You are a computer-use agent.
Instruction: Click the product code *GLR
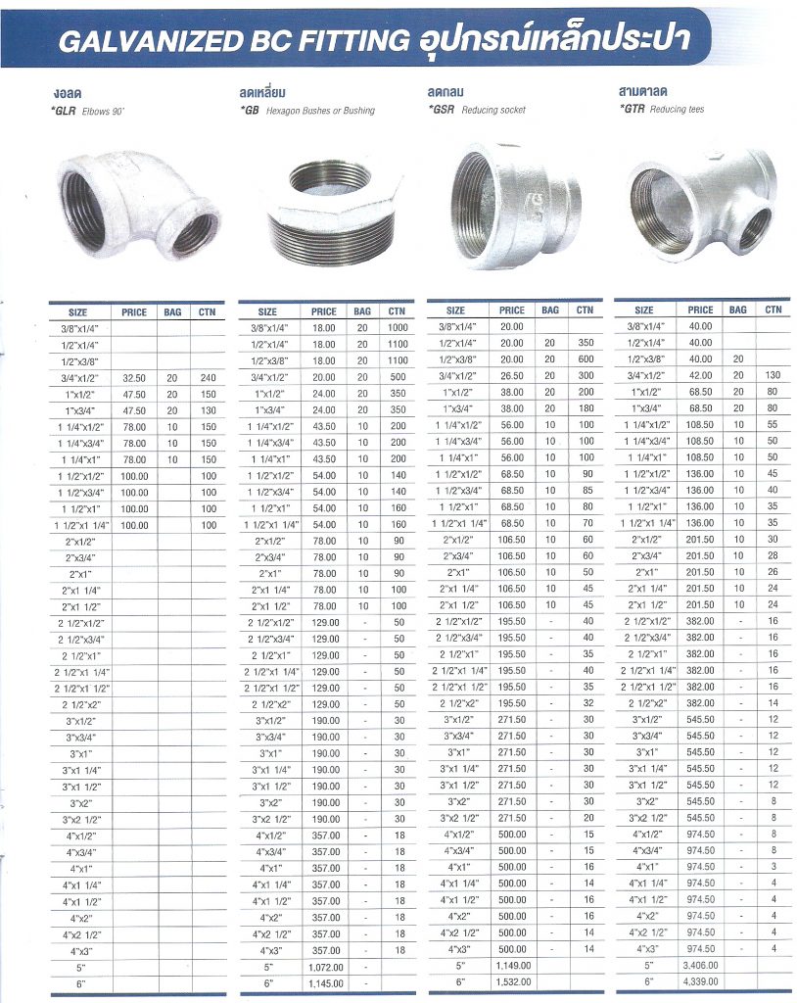tap(65, 112)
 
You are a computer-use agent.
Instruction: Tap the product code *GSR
tap(443, 111)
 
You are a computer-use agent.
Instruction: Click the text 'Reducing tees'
tap(677, 110)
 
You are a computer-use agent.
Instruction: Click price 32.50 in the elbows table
tap(134, 376)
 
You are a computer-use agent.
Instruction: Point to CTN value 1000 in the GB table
tap(398, 328)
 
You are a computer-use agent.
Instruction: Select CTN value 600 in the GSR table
tap(586, 358)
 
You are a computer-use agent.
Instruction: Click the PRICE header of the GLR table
tap(134, 312)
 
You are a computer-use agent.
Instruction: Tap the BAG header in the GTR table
tap(737, 310)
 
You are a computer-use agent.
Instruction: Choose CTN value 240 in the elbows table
tap(207, 376)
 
